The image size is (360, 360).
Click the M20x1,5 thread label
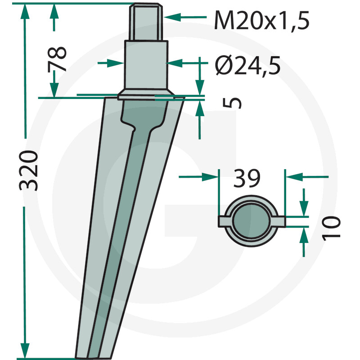(x=261, y=20)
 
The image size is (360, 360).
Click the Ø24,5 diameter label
(x=248, y=67)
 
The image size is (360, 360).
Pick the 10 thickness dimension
(x=331, y=227)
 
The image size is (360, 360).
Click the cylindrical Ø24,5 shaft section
(x=145, y=67)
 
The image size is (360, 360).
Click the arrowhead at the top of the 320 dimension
(x=25, y=12)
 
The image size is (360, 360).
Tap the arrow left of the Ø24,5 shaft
(x=117, y=63)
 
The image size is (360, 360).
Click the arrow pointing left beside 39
(x=295, y=177)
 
